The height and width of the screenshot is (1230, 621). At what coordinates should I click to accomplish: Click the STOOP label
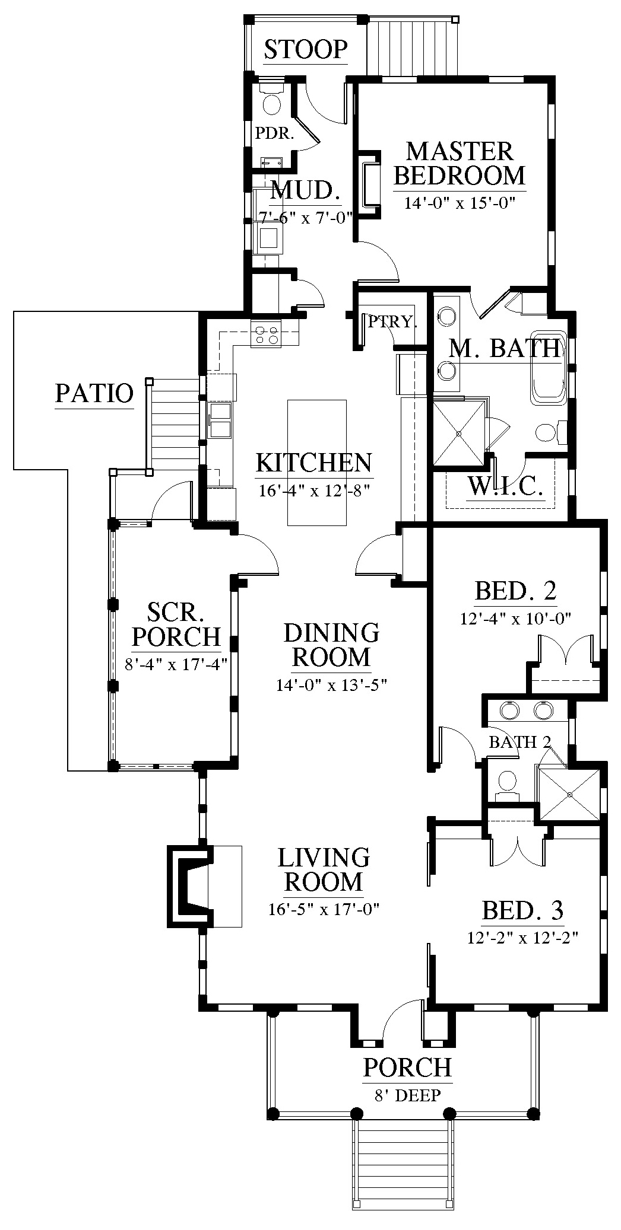(305, 49)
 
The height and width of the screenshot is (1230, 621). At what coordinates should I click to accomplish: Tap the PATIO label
(94, 393)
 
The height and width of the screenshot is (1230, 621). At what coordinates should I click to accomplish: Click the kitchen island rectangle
(317, 463)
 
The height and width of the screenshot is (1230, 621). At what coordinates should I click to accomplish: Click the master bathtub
(548, 368)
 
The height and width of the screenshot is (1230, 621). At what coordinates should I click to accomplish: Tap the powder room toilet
(272, 102)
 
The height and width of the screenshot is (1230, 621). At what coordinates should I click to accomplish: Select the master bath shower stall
(460, 434)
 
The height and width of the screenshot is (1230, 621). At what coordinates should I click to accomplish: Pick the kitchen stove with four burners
(266, 333)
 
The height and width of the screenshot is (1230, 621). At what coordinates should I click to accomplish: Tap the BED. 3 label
(522, 910)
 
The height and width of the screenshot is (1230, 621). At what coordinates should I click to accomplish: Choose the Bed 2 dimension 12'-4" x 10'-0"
(515, 619)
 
